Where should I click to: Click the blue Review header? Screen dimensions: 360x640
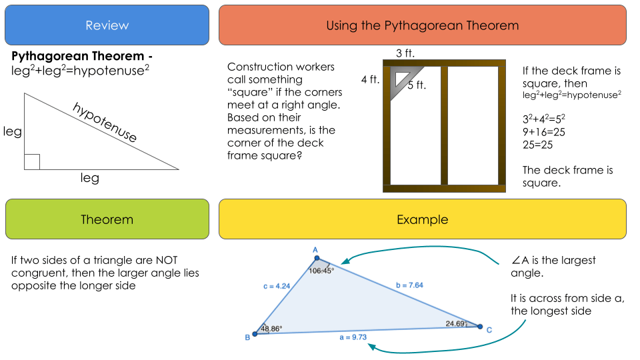click(x=107, y=25)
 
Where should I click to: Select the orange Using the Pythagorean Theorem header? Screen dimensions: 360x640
click(x=423, y=25)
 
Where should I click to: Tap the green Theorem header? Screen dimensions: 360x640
click(x=107, y=219)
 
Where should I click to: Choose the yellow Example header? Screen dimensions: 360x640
click(x=423, y=219)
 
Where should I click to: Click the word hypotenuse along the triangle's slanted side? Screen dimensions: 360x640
click(x=105, y=123)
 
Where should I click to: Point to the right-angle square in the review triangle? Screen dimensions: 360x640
click(x=32, y=162)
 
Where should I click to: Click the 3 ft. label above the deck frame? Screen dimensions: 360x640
click(x=405, y=53)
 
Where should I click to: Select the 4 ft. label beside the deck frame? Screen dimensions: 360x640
click(x=370, y=79)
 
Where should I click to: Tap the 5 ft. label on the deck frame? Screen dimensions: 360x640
click(x=417, y=85)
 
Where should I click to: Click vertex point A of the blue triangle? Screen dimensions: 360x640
click(x=317, y=258)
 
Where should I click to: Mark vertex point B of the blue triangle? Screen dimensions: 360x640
click(x=255, y=334)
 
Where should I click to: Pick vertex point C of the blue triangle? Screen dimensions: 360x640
click(x=480, y=327)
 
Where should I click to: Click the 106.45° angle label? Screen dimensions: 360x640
click(x=321, y=270)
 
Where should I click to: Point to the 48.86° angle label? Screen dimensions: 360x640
click(x=271, y=328)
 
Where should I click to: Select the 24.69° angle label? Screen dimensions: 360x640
click(x=457, y=324)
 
